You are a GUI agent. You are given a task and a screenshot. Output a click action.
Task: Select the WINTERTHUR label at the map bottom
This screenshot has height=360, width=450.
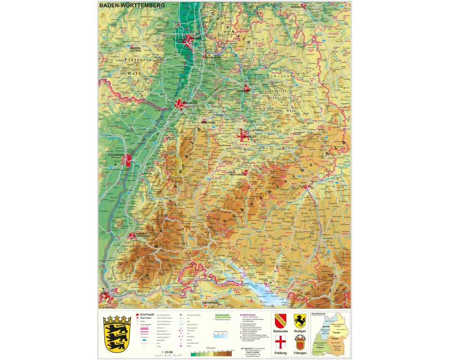click(211, 303)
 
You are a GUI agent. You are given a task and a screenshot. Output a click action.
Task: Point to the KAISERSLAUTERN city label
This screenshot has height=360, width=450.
click(135, 49)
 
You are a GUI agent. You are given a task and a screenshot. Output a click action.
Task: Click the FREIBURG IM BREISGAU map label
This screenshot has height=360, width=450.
click(143, 235)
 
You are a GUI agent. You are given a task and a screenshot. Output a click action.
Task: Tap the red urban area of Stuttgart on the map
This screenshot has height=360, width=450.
click(245, 135)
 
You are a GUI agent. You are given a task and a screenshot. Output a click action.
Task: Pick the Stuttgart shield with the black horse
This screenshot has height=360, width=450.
click(300, 320)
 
